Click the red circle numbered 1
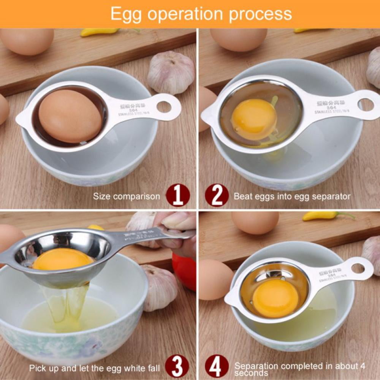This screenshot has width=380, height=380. point(177,196)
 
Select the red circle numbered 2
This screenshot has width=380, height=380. point(217,196)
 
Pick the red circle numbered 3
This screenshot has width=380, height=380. point(177,367)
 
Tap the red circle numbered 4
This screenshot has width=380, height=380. point(217,367)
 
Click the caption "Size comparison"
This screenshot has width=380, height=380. point(127,196)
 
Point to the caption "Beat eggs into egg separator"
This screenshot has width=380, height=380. point(292,196)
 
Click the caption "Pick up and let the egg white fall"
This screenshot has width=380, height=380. point(95,368)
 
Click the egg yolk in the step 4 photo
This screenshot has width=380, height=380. point(276,298)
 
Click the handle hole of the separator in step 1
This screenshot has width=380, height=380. point(164,106)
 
